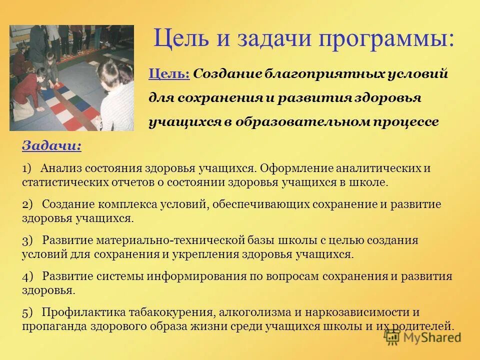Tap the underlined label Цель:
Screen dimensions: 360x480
[x=168, y=74]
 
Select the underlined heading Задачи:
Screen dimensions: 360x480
[x=51, y=146]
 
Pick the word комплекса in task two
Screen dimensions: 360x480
[x=124, y=205]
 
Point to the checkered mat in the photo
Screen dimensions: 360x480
[x=65, y=102]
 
